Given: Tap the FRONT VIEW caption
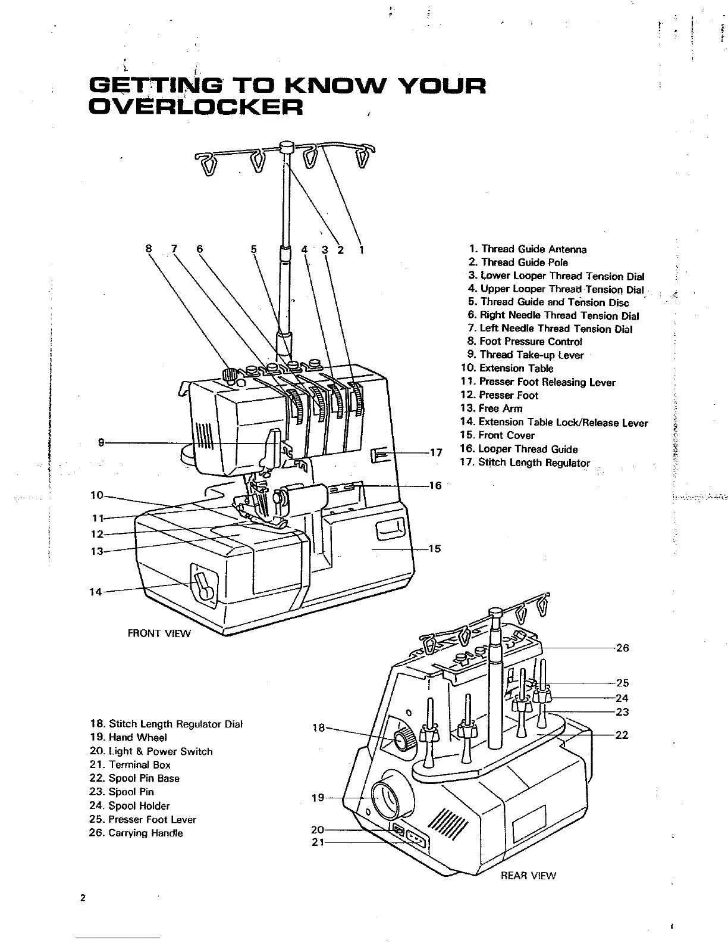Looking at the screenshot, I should (x=159, y=633).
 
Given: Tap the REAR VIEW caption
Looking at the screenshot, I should (x=528, y=875).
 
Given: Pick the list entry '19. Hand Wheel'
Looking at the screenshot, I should (x=128, y=738).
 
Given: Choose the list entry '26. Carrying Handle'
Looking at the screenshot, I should (x=136, y=833).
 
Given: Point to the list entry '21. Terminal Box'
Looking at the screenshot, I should (x=130, y=765).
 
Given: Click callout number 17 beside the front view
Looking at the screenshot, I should (x=436, y=452).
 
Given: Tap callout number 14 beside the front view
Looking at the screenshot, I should (x=96, y=592).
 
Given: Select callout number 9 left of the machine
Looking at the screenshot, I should (x=102, y=442).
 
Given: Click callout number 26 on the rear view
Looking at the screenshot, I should (x=622, y=648).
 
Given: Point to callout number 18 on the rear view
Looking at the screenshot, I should (x=319, y=727).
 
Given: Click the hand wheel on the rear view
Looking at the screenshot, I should (x=387, y=798).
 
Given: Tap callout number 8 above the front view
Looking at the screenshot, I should (x=149, y=249).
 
